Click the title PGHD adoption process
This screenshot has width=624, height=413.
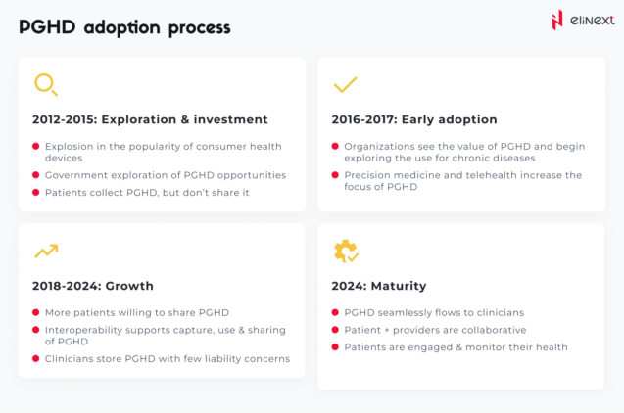pos(124,26)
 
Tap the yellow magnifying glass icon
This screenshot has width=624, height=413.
pos(45,85)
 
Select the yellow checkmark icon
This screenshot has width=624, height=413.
pos(345,85)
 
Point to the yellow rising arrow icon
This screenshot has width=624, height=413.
pos(45,252)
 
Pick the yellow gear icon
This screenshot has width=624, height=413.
pos(345,252)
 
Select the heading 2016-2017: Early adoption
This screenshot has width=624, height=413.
pos(415,119)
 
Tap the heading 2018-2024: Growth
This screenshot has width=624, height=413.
pos(93,286)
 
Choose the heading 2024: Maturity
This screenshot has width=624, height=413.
pos(379,286)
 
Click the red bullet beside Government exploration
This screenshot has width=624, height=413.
pos(36,176)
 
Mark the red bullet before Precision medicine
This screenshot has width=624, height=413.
pos(336,176)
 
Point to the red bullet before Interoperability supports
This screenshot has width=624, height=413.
pos(36,330)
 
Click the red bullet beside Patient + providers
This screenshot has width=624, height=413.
pos(336,330)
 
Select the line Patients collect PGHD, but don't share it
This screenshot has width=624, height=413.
pos(147,193)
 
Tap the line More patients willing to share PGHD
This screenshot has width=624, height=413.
pos(136,312)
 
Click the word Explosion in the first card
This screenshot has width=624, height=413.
pos(72,146)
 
